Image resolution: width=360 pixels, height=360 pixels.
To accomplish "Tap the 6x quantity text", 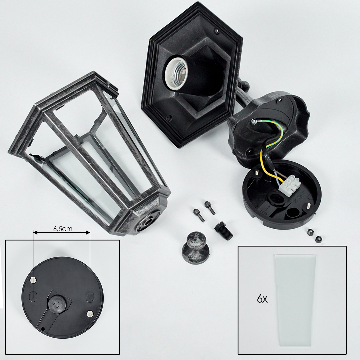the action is [x=262, y=299].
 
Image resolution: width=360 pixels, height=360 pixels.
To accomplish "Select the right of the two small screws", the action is [x=210, y=207].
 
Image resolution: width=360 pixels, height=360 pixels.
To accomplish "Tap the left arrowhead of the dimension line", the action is [x=35, y=233].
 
